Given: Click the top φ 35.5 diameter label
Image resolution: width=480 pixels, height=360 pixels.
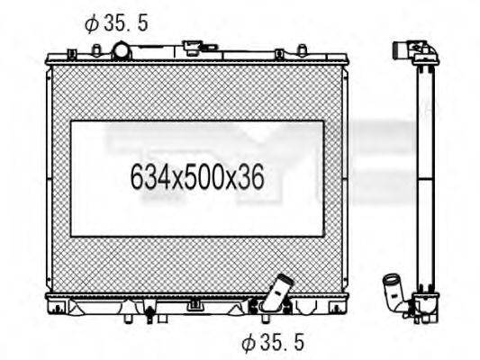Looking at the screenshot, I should pyautogui.click(x=117, y=24).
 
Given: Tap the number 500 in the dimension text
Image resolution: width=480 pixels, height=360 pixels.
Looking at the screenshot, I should pyautogui.click(x=207, y=178).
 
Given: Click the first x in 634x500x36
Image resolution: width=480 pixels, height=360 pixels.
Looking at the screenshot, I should pyautogui.click(x=178, y=179).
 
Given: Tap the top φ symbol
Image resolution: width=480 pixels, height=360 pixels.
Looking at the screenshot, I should pyautogui.click(x=91, y=24).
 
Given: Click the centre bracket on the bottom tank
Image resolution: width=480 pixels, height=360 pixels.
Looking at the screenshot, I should pyautogui.click(x=194, y=306).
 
